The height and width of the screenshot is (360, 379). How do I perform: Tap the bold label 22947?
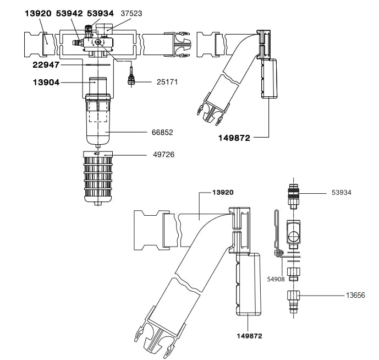click(46, 65)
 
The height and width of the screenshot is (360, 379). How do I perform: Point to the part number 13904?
click(46, 83)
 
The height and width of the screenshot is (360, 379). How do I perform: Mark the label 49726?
click(164, 155)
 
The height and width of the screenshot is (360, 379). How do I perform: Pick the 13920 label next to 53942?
click(38, 13)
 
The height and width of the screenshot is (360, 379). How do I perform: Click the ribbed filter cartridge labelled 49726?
click(98, 176)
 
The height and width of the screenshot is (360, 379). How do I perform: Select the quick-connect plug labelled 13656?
click(294, 301)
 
